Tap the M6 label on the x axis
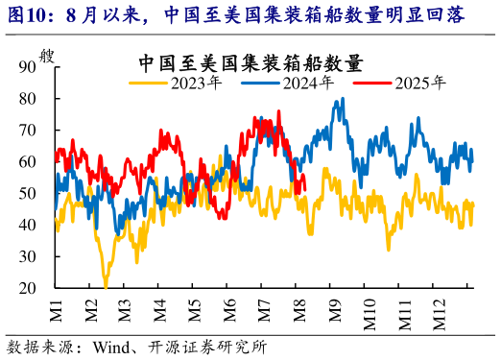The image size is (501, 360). (229, 309)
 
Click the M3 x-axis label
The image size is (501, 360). (125, 309)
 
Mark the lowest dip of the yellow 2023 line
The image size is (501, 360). (105, 286)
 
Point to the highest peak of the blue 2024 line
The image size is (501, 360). (342, 99)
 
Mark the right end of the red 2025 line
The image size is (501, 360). (303, 186)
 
